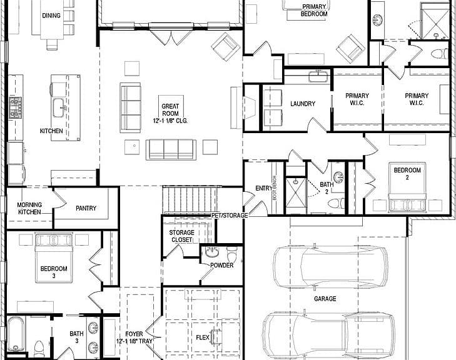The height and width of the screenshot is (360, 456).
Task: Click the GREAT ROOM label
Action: click(170, 110)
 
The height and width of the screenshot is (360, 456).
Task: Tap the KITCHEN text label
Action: click(51, 131)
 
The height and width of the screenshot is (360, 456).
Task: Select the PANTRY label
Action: click(86, 208)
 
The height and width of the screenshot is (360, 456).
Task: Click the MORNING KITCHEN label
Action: click(29, 208)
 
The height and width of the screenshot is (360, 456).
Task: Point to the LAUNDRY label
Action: click(303, 104)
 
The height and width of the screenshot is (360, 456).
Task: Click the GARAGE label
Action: click(325, 299)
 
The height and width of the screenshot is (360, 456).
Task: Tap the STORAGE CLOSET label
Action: click(182, 236)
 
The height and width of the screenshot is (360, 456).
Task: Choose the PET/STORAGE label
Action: click(230, 215)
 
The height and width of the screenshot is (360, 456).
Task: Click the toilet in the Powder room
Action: click(232, 254)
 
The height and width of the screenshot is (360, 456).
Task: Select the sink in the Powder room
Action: click(212, 252)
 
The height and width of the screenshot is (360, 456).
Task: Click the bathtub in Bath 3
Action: click(16, 334)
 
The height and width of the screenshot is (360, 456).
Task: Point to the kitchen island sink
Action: click(59, 107)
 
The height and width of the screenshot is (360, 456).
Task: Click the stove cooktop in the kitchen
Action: click(16, 107)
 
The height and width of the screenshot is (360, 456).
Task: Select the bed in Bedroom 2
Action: click(407, 187)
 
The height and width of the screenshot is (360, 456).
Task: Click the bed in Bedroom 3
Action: click(54, 257)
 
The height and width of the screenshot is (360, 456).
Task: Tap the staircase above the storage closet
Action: click(190, 200)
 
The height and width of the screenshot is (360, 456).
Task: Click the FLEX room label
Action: click(203, 337)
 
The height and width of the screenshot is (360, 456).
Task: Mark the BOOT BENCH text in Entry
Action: click(275, 187)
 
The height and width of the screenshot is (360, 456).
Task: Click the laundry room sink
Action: click(318, 77)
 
